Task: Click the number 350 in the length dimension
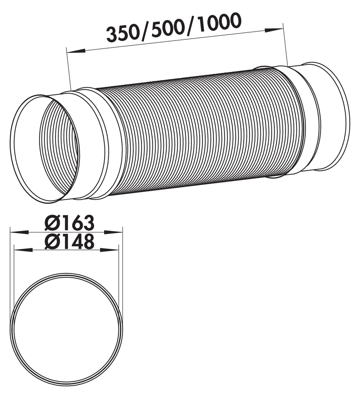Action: coord(123,34)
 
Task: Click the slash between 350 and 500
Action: coord(145,31)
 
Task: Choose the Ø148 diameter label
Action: coord(69,242)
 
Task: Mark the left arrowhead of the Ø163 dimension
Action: coord(19,232)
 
